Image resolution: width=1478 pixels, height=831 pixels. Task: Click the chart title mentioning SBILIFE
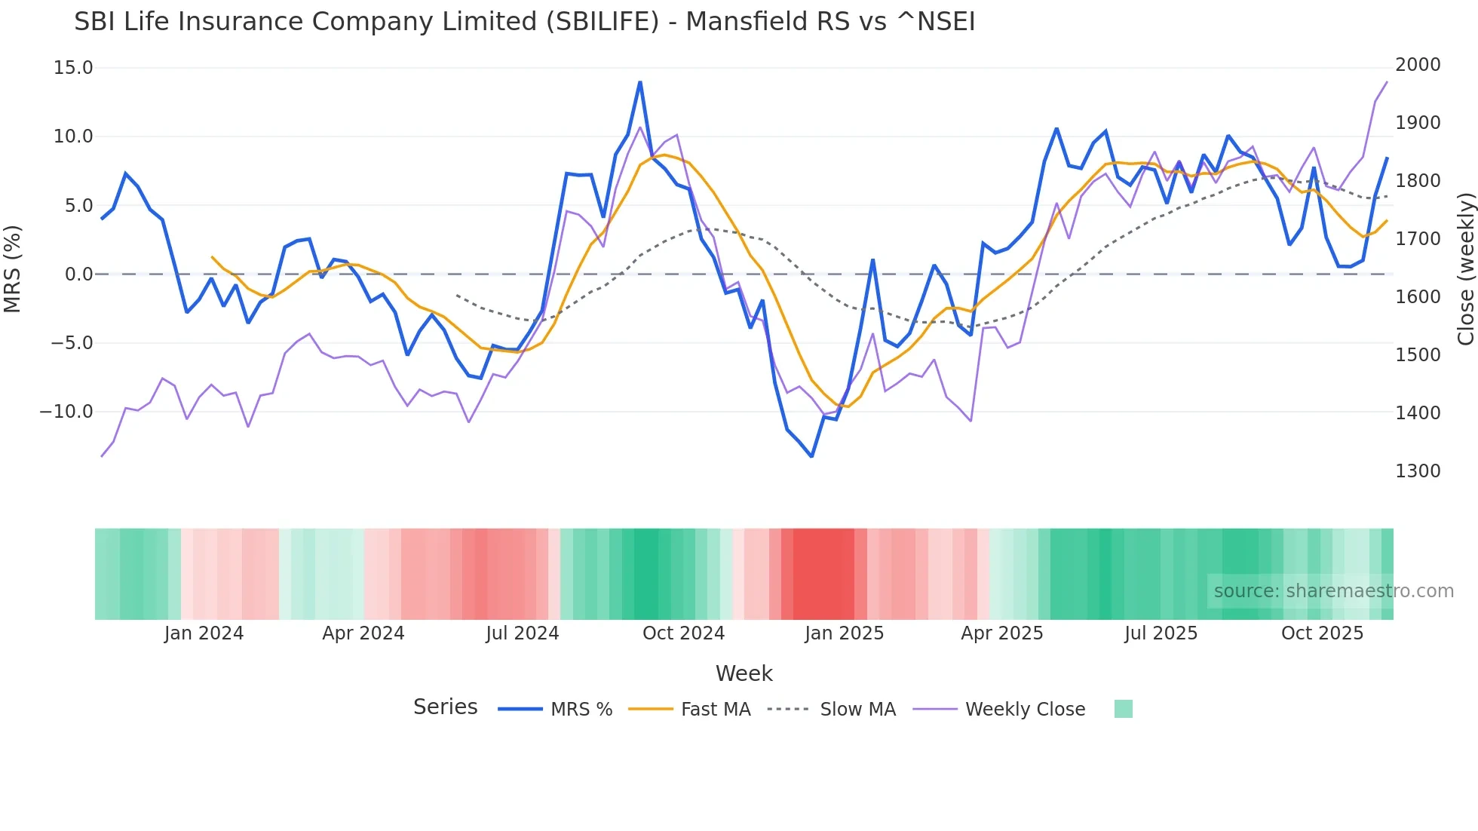pyautogui.click(x=524, y=22)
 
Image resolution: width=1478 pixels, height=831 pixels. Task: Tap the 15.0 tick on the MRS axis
pyautogui.click(x=73, y=68)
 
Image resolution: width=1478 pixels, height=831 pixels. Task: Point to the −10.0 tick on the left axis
pyautogui.click(x=66, y=412)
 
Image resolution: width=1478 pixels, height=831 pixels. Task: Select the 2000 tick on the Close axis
pyautogui.click(x=1418, y=65)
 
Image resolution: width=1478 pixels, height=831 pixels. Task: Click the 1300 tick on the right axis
pyautogui.click(x=1418, y=471)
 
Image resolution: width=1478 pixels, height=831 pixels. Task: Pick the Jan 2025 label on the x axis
pyautogui.click(x=844, y=633)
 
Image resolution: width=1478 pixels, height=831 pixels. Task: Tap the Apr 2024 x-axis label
pyautogui.click(x=363, y=633)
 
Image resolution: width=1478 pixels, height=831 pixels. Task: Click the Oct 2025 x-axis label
pyautogui.click(x=1322, y=633)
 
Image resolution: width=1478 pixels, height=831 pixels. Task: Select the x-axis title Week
pyautogui.click(x=744, y=673)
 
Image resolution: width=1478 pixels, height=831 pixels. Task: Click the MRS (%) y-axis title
pyautogui.click(x=13, y=269)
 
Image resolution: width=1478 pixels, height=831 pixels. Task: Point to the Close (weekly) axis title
pyautogui.click(x=1465, y=269)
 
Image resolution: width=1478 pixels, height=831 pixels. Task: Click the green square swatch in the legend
pyautogui.click(x=1123, y=709)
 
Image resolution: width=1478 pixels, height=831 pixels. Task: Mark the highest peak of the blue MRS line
pyautogui.click(x=640, y=82)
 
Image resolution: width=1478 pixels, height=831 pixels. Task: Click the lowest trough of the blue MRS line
pyautogui.click(x=812, y=456)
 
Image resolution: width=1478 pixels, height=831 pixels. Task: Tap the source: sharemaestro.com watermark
pyautogui.click(x=1333, y=591)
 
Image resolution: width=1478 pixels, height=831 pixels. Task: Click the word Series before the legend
pyautogui.click(x=445, y=707)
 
